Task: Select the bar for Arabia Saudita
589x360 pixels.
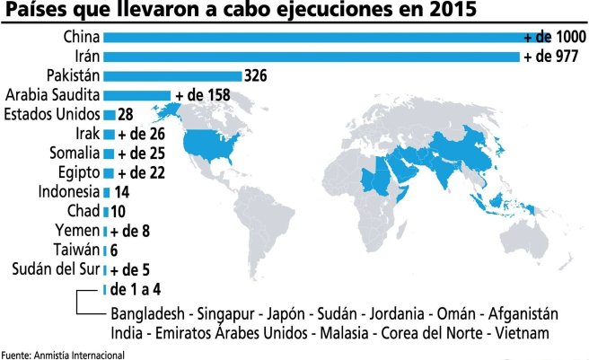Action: pos(136,94)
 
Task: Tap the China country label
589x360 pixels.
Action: pos(81,37)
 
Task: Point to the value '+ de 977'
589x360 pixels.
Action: pos(551,57)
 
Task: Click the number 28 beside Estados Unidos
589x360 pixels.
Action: pos(126,114)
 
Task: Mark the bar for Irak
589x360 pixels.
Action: pos(109,134)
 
